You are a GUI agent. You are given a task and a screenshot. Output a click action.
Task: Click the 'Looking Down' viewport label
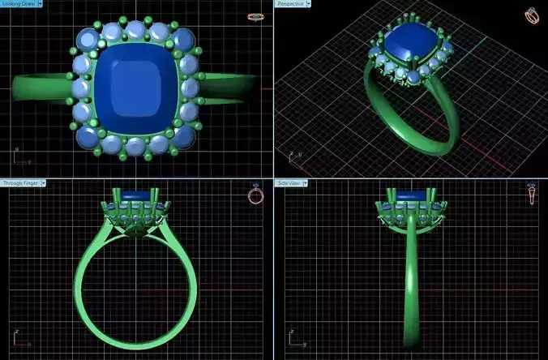[x=17, y=4]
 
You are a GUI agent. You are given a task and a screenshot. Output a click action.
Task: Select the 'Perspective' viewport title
[x=290, y=4]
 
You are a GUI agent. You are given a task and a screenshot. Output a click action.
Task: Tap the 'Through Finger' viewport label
[x=19, y=183]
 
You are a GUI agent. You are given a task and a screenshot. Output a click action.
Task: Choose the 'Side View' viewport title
[x=289, y=183]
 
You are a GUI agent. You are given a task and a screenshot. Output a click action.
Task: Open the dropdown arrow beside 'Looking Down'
[x=37, y=4]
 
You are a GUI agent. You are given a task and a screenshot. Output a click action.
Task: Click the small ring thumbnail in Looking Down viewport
[x=256, y=15]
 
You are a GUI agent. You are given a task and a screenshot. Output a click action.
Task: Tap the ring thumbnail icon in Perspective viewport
[x=532, y=15]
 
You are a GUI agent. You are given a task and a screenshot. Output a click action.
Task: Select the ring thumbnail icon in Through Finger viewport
[x=255, y=195]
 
